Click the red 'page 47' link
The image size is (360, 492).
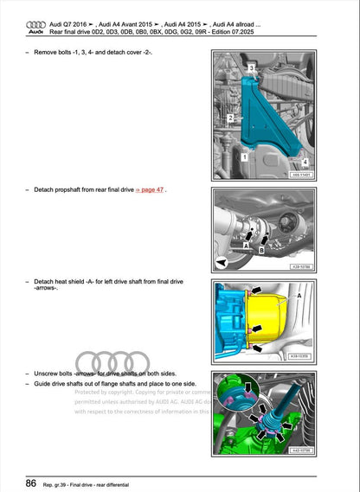(x=150, y=188)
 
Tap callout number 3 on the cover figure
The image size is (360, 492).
(x=251, y=67)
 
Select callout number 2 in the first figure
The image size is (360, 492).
(x=230, y=117)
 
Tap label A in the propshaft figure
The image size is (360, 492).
(x=246, y=245)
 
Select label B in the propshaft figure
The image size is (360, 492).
(x=260, y=250)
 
